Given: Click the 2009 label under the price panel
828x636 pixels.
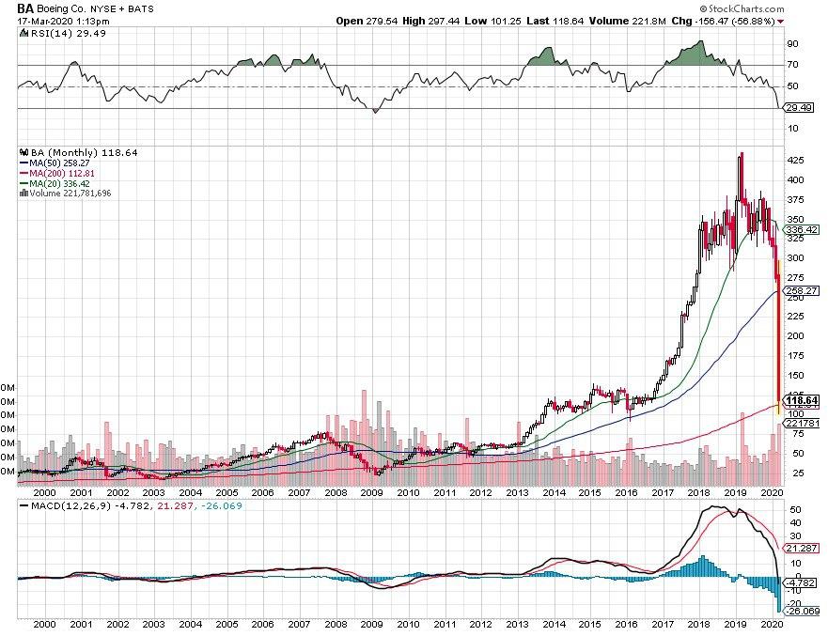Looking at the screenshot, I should tap(371, 491).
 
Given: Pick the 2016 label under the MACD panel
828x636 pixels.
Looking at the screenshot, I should tap(626, 623).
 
